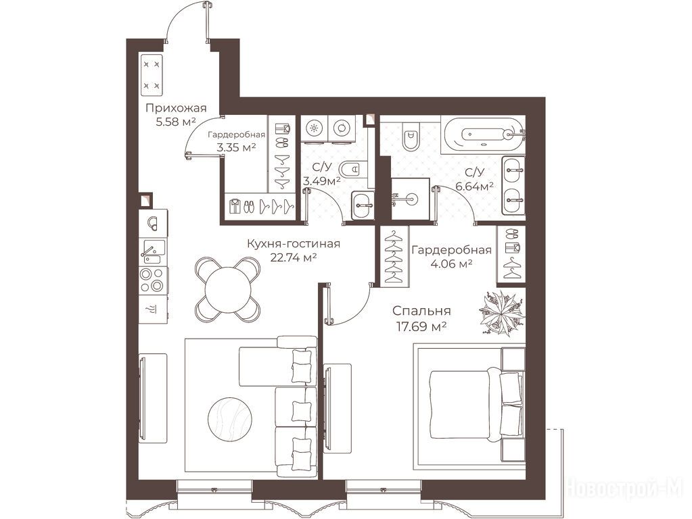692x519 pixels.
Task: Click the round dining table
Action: tap(228, 290)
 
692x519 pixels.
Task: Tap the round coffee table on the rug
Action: tap(230, 419)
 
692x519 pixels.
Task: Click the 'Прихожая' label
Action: tap(176, 108)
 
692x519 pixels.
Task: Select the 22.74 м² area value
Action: tap(294, 258)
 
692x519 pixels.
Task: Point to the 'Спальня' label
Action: tap(421, 311)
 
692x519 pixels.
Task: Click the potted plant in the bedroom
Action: tap(502, 313)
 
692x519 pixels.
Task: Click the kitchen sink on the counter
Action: tap(153, 252)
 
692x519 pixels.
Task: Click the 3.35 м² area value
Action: tap(237, 147)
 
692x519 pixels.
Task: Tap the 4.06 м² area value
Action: tap(451, 264)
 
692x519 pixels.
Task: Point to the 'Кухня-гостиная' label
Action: tap(294, 244)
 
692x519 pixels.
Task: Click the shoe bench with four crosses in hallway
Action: tap(152, 75)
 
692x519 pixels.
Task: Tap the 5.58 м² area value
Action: tap(176, 122)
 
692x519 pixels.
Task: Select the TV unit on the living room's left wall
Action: tap(153, 398)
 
